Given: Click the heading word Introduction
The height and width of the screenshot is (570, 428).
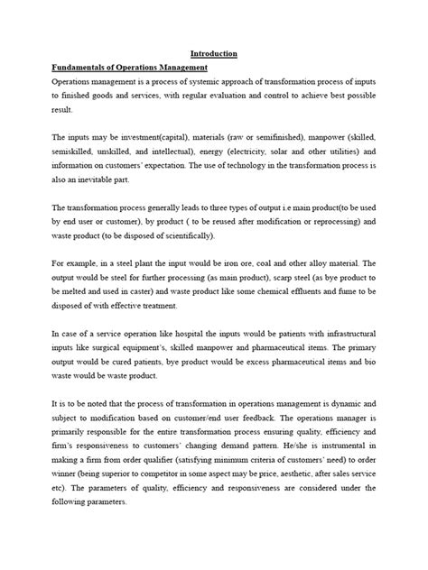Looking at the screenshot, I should (214, 54).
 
